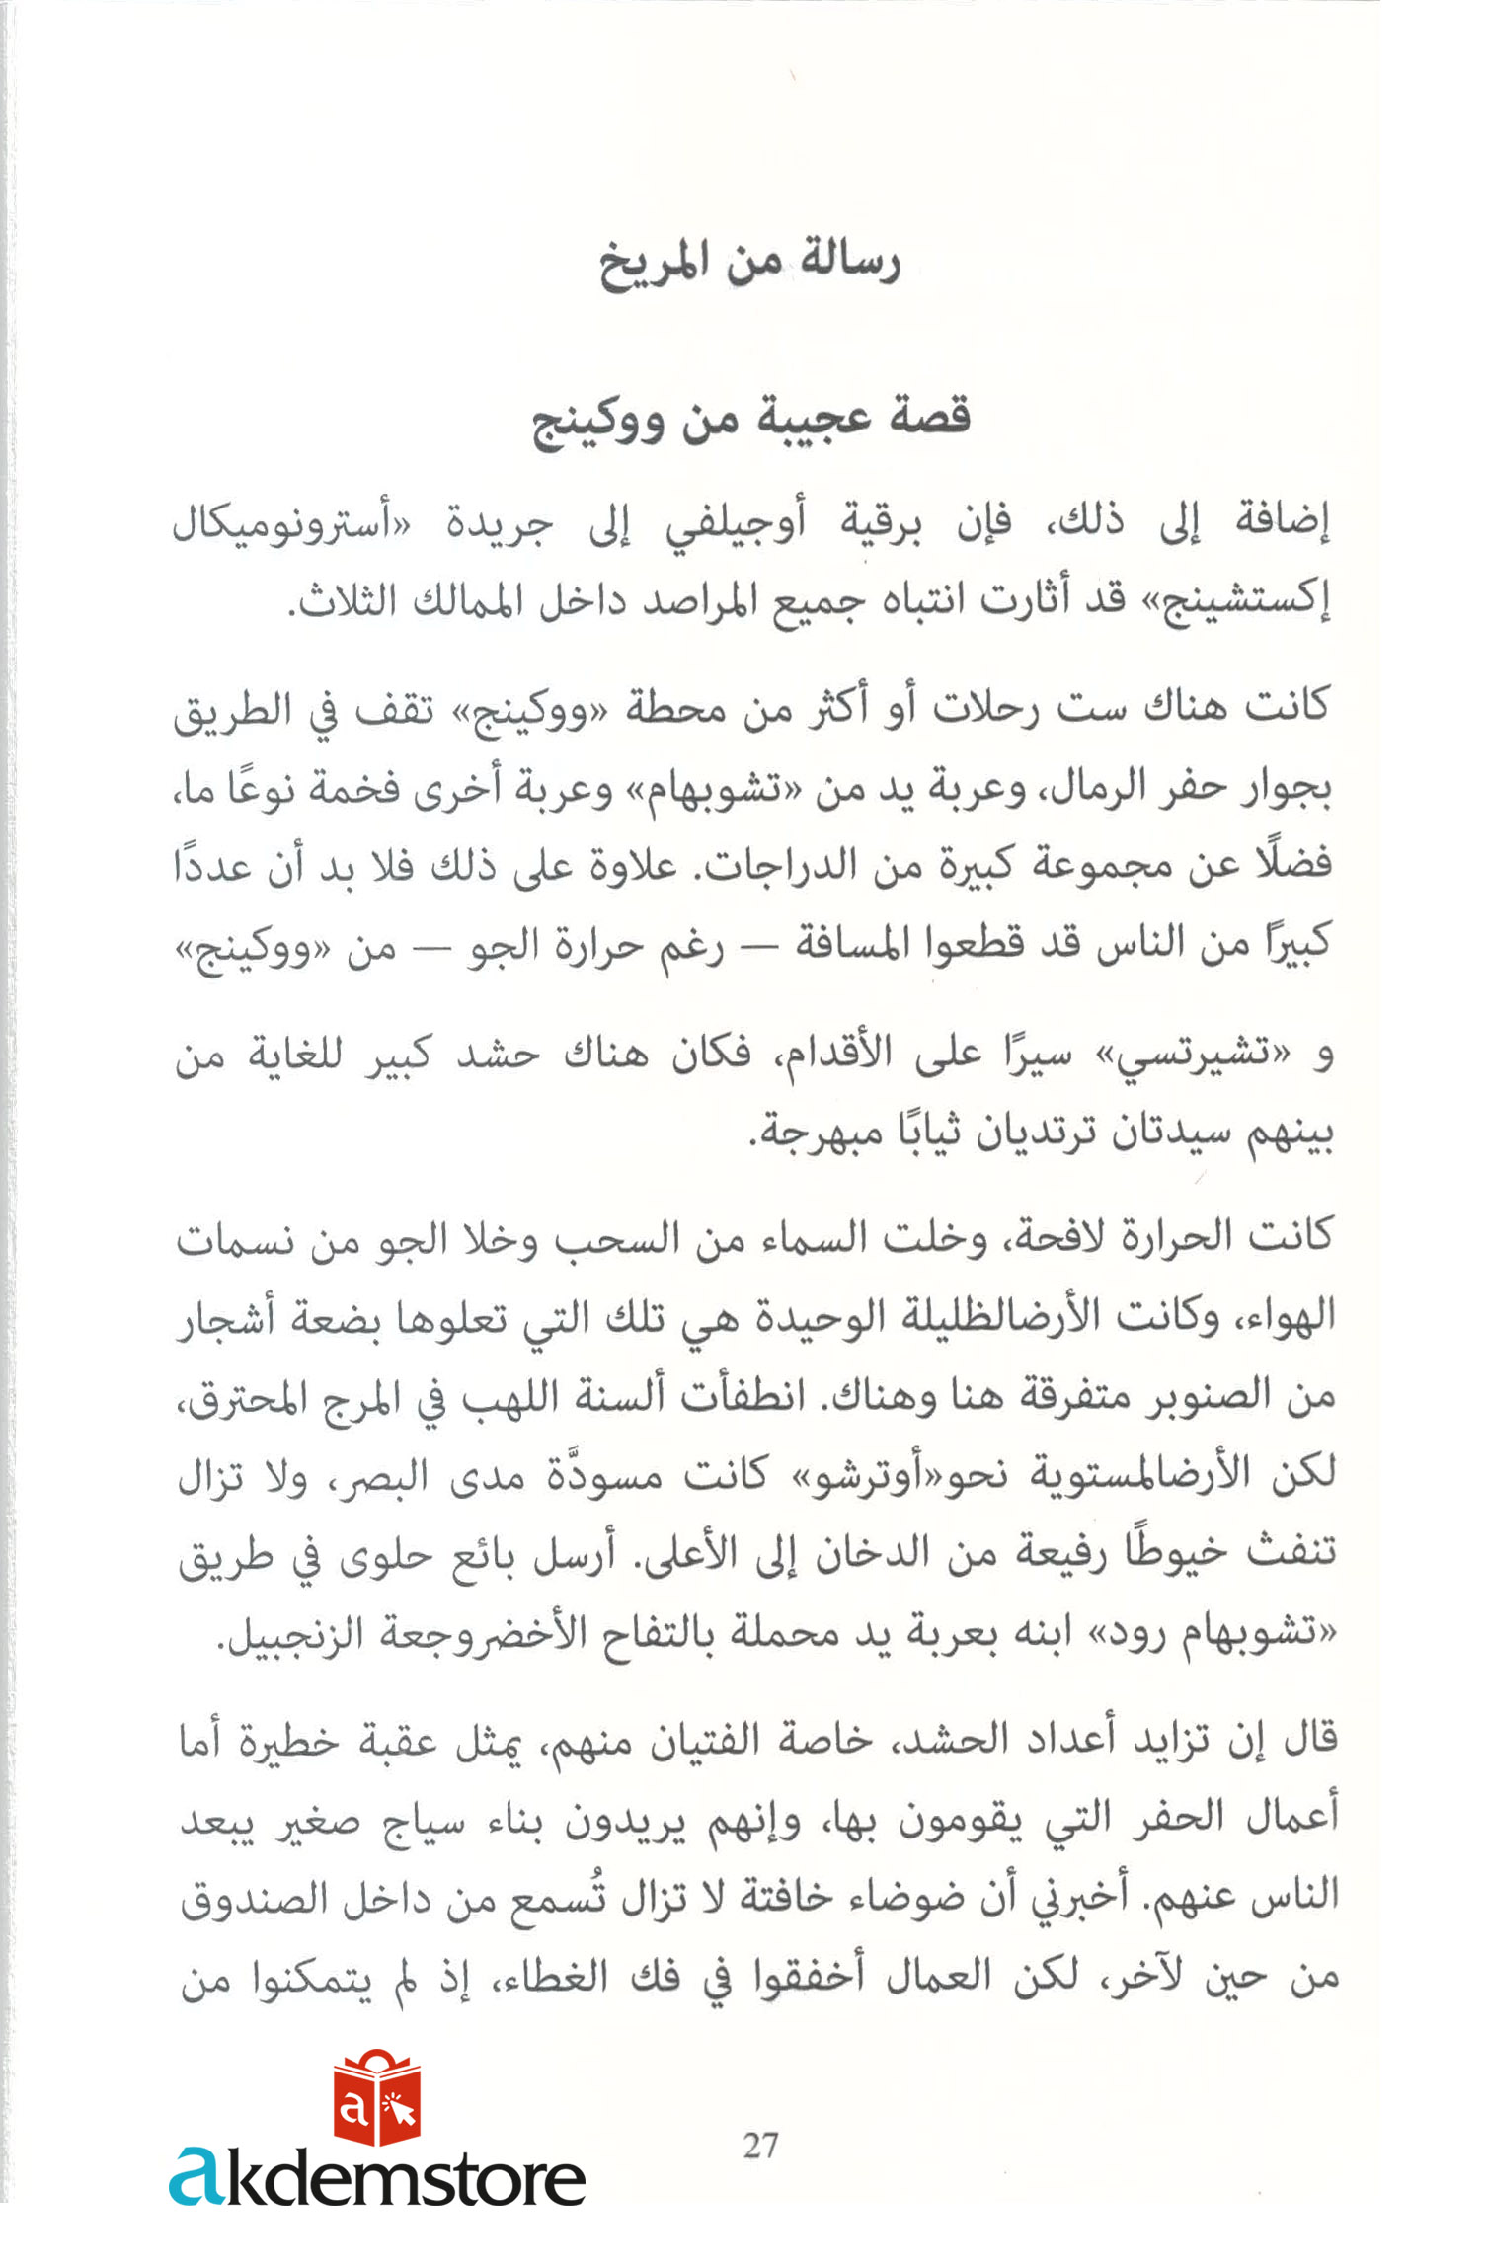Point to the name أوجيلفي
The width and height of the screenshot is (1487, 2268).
pos(735,524)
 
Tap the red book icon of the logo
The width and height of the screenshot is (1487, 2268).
pos(376,2098)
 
